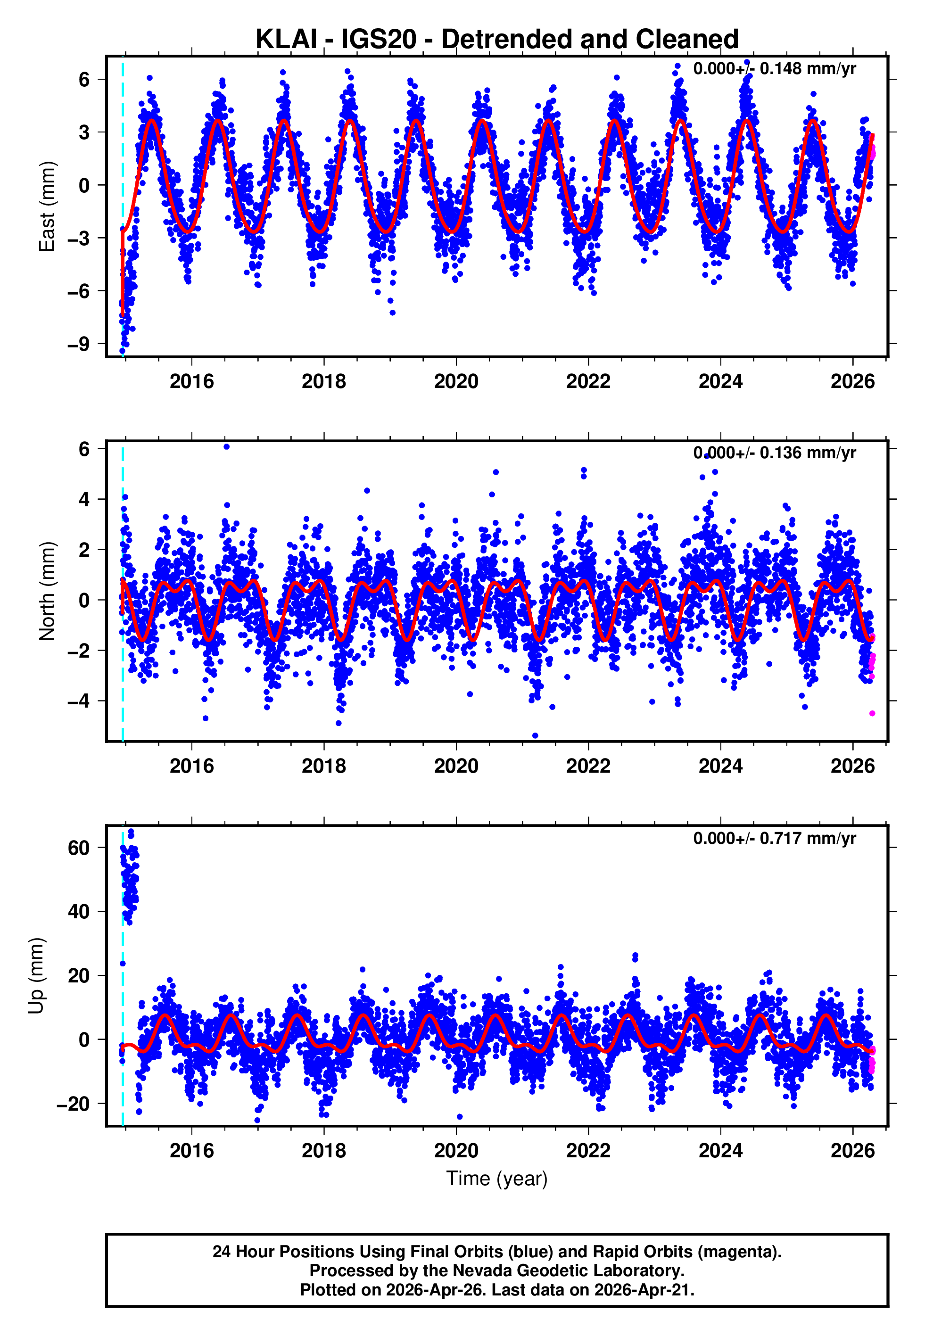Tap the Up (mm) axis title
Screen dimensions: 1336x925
click(36, 976)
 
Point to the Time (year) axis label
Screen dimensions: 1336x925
click(497, 1179)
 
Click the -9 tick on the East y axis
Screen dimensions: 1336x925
click(78, 344)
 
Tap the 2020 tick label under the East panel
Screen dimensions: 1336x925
click(456, 381)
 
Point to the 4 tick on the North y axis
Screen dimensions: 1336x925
click(84, 499)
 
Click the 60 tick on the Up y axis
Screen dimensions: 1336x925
click(79, 848)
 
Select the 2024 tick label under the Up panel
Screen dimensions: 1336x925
click(720, 1151)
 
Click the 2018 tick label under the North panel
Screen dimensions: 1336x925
click(324, 766)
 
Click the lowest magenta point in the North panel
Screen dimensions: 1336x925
click(872, 713)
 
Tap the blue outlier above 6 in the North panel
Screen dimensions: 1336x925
click(227, 447)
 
